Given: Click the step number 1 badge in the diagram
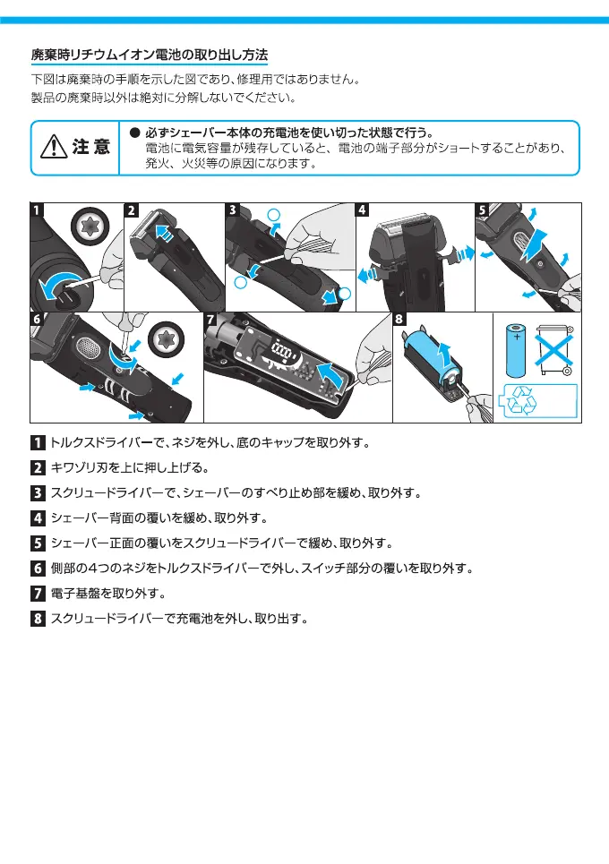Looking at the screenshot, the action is pos(37,210).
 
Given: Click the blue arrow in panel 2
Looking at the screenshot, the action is pos(164,234).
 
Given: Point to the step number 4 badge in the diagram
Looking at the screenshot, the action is pos(363,210).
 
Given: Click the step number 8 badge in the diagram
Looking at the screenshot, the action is pos(399,320).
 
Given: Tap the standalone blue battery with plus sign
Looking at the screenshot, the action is pos(518,350).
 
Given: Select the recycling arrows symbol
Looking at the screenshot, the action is pos(524,401).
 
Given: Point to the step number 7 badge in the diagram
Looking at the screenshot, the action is pos(211,320).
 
